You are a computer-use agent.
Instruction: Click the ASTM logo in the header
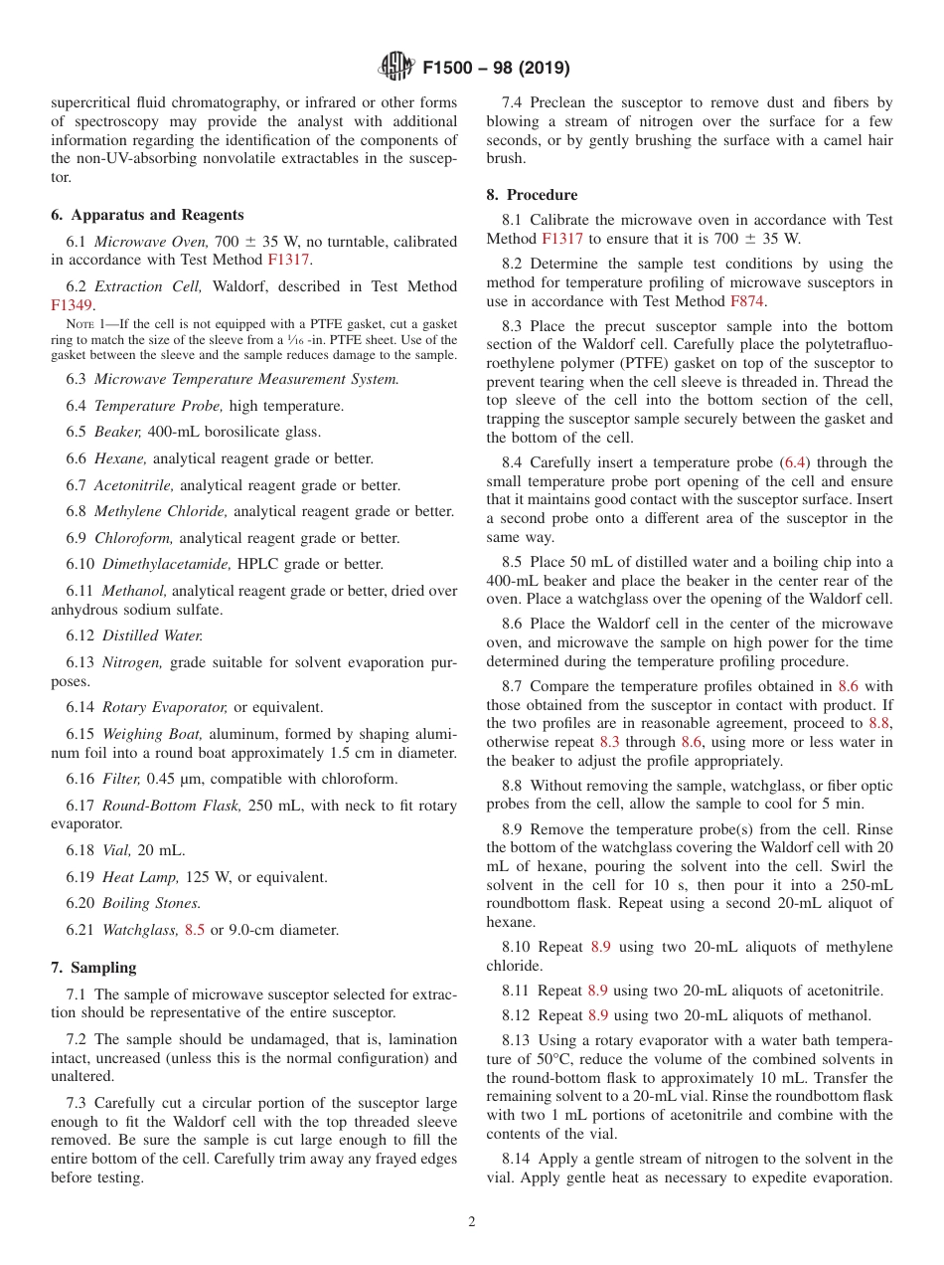click(x=397, y=67)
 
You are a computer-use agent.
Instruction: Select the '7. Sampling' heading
click(x=93, y=968)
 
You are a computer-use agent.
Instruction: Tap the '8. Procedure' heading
click(x=532, y=195)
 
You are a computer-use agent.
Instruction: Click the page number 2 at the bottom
click(x=472, y=1222)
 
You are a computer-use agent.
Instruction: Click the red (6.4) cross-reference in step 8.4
click(x=796, y=462)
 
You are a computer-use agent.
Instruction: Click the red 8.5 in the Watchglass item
click(x=195, y=930)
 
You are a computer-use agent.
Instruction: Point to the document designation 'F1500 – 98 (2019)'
click(x=496, y=68)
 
